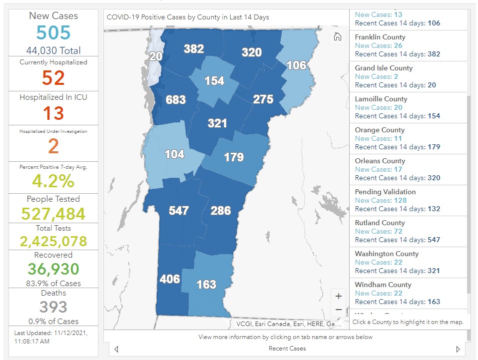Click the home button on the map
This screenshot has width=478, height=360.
click(338, 36)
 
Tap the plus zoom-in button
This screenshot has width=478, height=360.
click(338, 296)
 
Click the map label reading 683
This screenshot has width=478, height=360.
click(175, 100)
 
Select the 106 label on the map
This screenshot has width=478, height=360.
click(296, 65)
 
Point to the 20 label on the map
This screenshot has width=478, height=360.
click(156, 56)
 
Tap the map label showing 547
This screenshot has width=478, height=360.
click(178, 210)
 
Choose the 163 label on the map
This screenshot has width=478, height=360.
click(206, 285)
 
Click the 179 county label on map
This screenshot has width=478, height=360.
click(233, 157)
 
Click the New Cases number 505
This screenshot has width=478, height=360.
click(53, 33)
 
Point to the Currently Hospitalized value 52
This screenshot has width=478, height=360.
click(53, 78)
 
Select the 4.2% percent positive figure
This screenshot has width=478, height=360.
click(53, 180)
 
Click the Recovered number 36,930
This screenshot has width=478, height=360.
click(53, 269)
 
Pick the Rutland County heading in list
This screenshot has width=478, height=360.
click(380, 223)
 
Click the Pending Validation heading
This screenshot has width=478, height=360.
click(385, 192)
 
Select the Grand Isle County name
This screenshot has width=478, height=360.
click(384, 68)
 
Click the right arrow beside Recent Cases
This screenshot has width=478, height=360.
click(458, 349)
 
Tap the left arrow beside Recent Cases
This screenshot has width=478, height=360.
click(116, 349)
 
